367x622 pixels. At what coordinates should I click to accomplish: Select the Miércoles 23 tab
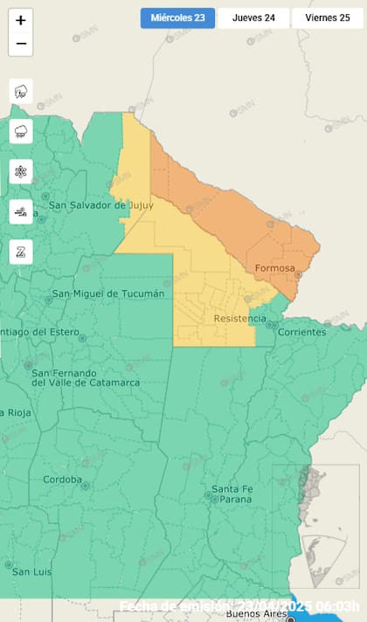coord(177,17)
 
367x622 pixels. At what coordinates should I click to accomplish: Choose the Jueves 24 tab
coord(253,17)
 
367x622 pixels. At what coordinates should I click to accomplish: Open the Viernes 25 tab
coord(327,17)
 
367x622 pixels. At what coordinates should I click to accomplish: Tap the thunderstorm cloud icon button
coord(21,91)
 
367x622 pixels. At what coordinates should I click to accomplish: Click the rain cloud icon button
coord(21,131)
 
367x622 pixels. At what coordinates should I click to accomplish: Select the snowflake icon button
coord(21,171)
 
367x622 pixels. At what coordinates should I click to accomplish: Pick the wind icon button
coord(21,211)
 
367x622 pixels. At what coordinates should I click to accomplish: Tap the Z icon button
coord(21,252)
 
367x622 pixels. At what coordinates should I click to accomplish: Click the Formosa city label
coord(274,267)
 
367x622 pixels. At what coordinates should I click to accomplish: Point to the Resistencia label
coord(239,319)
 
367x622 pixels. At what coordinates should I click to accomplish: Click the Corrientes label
coord(301,332)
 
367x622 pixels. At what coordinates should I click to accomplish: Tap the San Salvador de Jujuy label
coord(100,205)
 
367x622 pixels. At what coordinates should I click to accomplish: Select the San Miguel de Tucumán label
coord(107,294)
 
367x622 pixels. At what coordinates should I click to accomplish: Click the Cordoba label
coord(62,480)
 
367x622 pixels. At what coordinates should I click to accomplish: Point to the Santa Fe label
coord(232,488)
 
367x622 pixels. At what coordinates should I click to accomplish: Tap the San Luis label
coord(32,572)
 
